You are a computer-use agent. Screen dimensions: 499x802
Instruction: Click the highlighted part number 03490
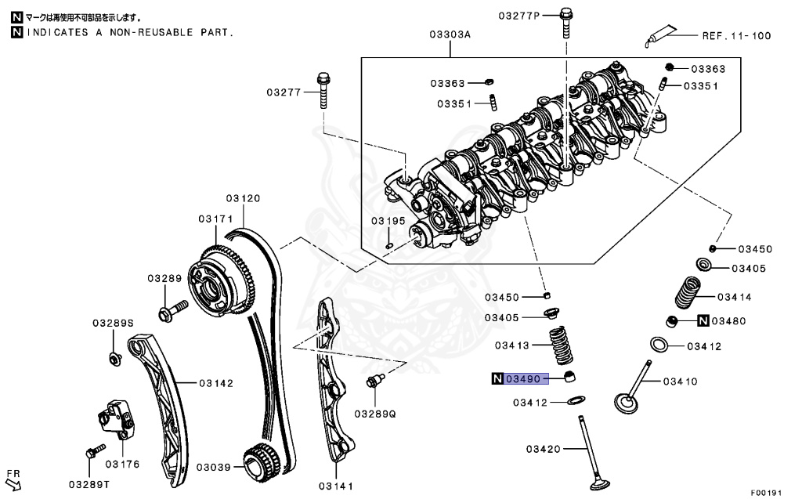(523, 379)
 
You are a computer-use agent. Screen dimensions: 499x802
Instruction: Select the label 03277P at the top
(520, 15)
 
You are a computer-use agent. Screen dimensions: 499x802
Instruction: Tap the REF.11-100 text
(735, 35)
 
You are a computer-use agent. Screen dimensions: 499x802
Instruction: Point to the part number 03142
(215, 383)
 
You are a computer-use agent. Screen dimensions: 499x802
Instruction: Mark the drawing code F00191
(767, 493)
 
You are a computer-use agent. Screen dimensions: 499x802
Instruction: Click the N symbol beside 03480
(703, 320)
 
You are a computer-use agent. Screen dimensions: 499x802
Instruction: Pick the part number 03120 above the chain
(244, 198)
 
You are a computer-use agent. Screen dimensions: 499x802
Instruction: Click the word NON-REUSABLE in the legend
(148, 32)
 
